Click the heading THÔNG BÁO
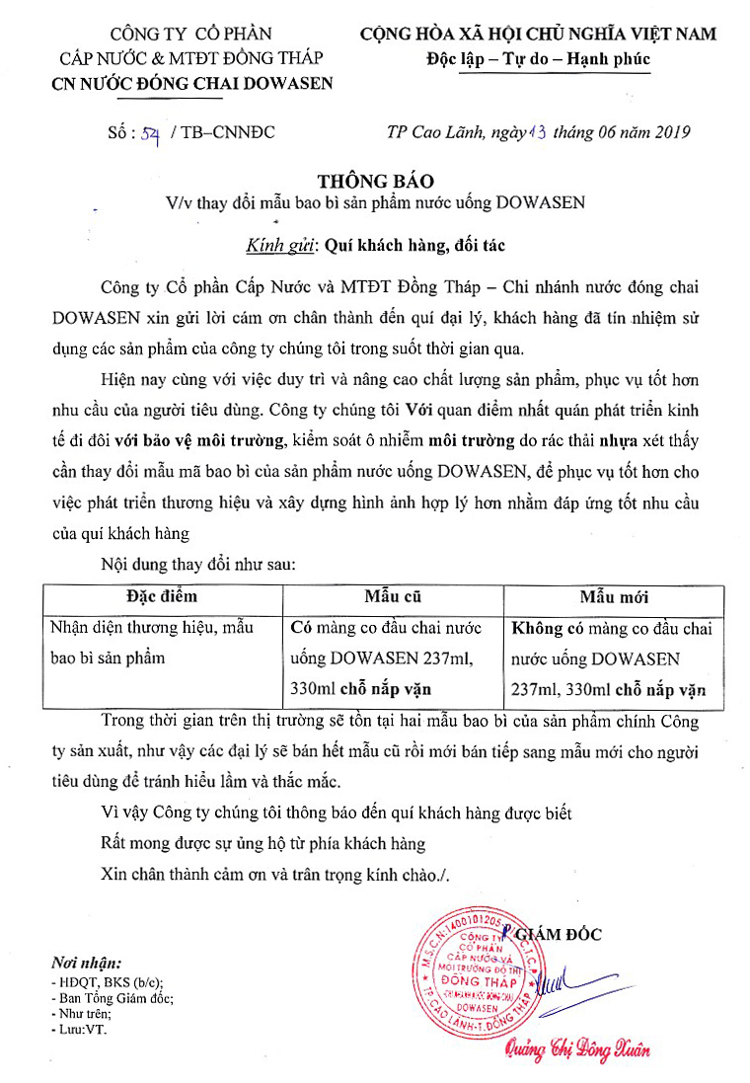tap(375, 182)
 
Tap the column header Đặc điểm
tap(162, 596)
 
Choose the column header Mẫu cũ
tap(393, 596)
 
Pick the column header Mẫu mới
tap(614, 597)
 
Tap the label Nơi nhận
tap(88, 963)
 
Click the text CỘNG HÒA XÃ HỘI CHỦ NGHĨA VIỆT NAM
tap(539, 35)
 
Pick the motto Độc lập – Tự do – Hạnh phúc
tap(539, 59)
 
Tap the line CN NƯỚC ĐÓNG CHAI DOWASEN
tap(192, 83)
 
